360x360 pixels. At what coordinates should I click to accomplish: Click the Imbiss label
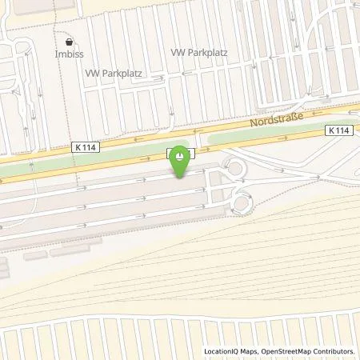click(70, 55)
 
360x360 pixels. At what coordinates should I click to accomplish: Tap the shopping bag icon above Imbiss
click(70, 40)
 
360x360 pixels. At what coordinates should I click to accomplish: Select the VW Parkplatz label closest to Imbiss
click(114, 71)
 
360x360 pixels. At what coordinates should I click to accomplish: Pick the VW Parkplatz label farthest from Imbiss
click(199, 52)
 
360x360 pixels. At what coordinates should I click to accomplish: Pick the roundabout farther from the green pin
click(240, 203)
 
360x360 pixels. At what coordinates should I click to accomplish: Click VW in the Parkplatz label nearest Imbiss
click(92, 71)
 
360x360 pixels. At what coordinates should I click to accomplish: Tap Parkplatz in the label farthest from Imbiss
click(209, 52)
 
